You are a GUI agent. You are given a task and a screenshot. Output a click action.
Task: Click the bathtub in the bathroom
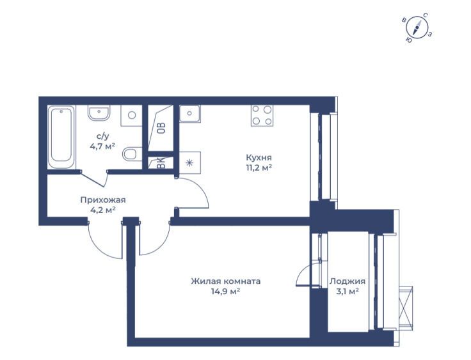(x=61, y=137)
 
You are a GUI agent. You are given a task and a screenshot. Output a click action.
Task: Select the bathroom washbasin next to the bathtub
(x=99, y=113)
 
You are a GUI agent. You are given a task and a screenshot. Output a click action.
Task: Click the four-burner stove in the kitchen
(x=262, y=115)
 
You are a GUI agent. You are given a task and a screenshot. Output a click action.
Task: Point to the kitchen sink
(x=189, y=113)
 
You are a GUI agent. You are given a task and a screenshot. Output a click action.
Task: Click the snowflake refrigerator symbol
(x=189, y=163)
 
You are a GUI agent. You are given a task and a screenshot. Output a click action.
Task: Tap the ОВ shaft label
(x=162, y=129)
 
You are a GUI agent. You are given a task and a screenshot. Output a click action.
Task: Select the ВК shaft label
(x=161, y=164)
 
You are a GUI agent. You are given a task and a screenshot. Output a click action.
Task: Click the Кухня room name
(x=259, y=158)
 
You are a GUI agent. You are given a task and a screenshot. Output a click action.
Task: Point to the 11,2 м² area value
(x=259, y=168)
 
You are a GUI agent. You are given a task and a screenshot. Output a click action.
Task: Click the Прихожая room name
(x=103, y=200)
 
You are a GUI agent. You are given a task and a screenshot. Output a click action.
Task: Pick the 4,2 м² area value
(x=103, y=210)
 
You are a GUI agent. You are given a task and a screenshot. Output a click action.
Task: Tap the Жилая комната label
(x=226, y=281)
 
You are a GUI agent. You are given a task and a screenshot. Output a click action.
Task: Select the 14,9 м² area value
(x=225, y=291)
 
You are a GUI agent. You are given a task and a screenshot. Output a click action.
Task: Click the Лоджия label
(x=347, y=281)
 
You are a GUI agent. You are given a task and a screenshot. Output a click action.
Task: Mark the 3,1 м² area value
(x=347, y=291)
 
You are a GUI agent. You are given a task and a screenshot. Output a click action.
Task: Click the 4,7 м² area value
(x=103, y=146)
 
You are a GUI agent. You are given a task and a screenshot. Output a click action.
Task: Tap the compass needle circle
(x=417, y=29)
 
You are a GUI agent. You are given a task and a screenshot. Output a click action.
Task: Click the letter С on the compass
(x=426, y=15)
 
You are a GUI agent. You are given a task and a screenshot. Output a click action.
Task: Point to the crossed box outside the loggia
(x=406, y=308)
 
